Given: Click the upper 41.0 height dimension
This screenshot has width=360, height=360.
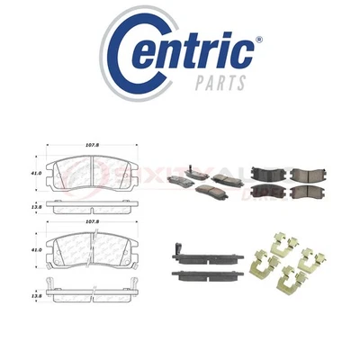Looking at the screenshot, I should click(x=34, y=172).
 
